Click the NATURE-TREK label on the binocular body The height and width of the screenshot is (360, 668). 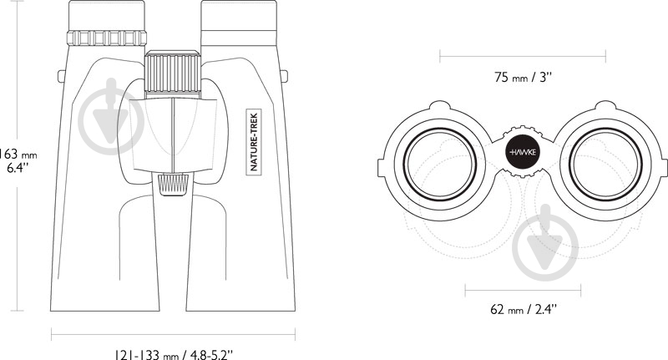255,141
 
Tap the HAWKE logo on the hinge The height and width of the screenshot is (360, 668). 523,152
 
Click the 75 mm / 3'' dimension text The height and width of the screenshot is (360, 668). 524,77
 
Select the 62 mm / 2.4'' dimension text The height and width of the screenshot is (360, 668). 524,308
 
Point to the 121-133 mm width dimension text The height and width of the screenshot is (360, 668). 174,354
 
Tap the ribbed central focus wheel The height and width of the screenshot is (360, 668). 173,74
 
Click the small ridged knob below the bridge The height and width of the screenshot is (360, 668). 174,185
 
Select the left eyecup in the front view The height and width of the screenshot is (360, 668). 107,15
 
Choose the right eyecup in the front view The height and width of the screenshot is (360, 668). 239,15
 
